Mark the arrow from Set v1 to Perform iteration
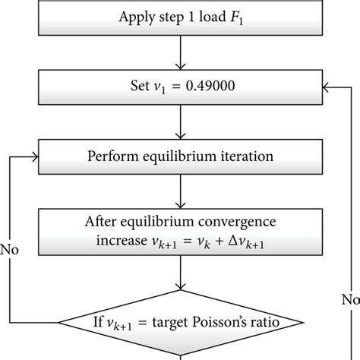[181, 124]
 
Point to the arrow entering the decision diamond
[181, 281]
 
